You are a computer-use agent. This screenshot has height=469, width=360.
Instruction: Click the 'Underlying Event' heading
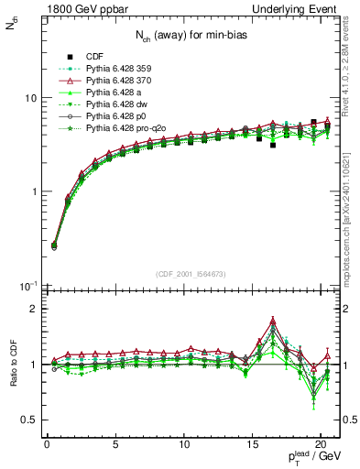300,8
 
